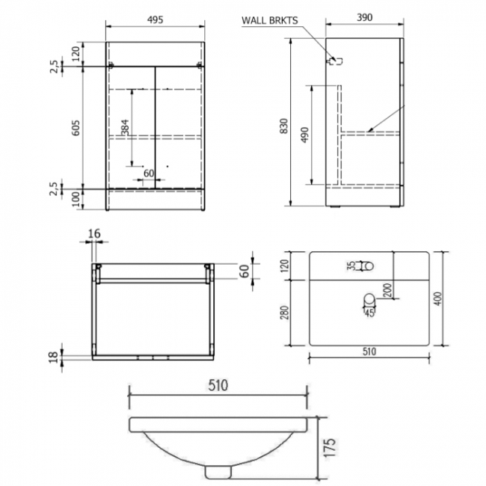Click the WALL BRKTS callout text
click(x=272, y=20)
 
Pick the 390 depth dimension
click(x=365, y=18)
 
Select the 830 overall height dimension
click(x=283, y=128)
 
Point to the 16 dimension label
click(x=93, y=235)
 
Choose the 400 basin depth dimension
click(x=448, y=299)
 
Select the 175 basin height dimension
click(x=334, y=446)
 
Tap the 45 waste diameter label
click(x=368, y=312)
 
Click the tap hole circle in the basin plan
click(x=366, y=265)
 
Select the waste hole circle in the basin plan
click(x=368, y=301)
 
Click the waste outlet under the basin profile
click(x=218, y=471)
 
